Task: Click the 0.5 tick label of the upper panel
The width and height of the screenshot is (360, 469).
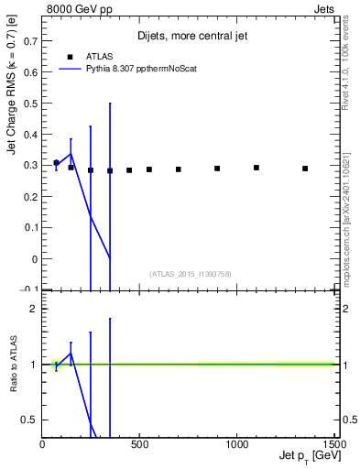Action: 31,104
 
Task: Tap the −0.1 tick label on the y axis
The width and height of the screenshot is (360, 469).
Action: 27,289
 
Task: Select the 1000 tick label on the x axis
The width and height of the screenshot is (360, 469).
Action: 236,445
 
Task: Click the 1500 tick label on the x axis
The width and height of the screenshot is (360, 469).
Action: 334,445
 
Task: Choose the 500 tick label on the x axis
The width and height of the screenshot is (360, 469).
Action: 139,445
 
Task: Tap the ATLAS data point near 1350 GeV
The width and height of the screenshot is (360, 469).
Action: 305,169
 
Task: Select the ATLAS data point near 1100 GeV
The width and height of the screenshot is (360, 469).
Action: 256,168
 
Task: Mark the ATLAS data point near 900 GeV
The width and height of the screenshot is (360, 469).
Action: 217,169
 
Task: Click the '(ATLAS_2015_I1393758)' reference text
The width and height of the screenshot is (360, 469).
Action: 190,273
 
